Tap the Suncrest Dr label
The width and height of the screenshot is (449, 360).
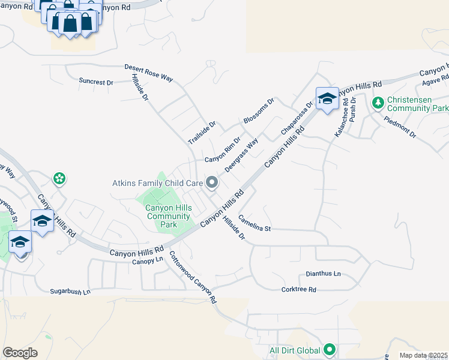96,82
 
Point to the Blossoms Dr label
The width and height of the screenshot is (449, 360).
259,112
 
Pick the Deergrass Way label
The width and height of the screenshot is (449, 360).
241,155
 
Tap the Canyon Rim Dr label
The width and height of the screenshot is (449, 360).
222,151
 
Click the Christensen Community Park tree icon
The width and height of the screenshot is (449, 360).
378,103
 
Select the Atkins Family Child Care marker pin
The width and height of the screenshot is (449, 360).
211,182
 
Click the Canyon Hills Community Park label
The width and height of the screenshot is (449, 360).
169,216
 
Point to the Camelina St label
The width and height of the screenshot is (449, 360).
255,223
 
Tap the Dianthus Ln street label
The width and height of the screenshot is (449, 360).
323,274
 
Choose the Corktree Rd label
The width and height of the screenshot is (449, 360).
298,289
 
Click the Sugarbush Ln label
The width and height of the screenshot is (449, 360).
70,291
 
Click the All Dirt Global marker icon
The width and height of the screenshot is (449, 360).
329,349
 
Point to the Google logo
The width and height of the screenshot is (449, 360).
20,353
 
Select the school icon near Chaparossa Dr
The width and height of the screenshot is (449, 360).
327,98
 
